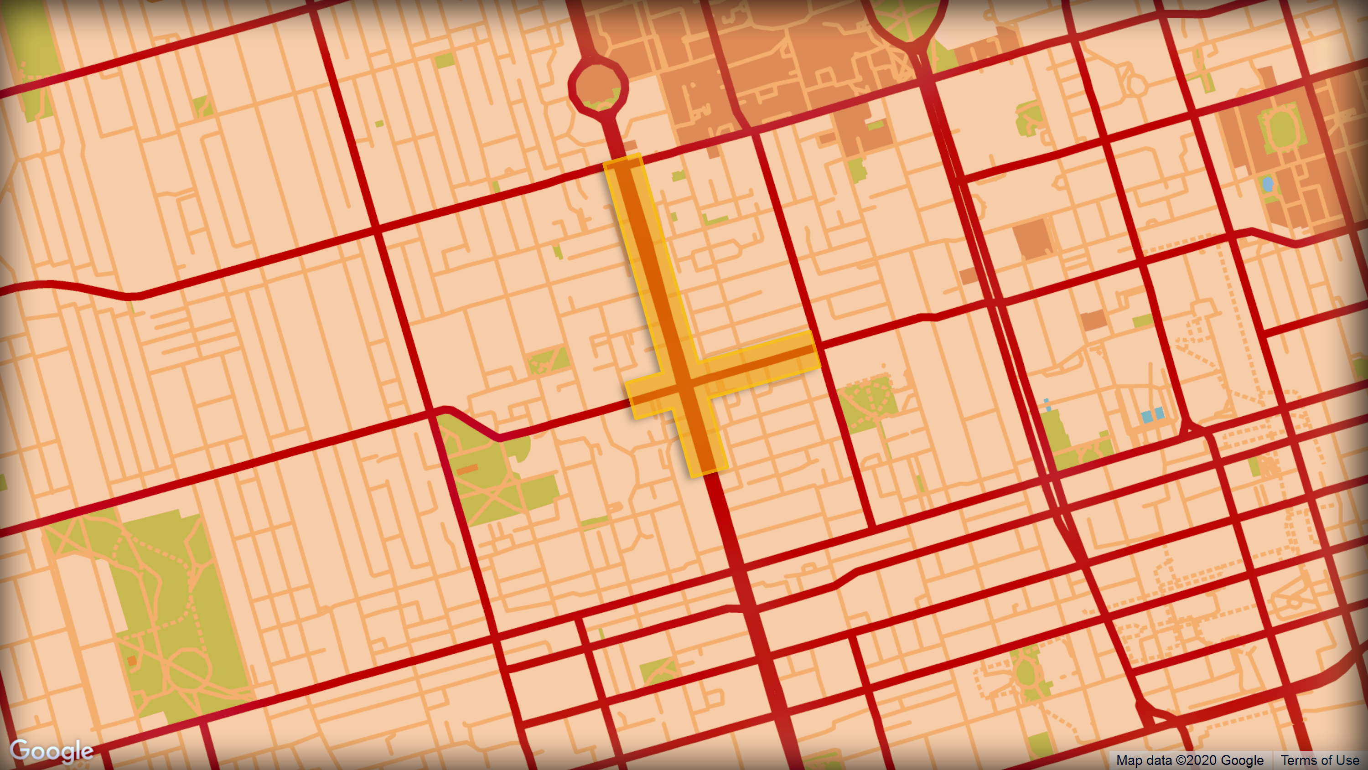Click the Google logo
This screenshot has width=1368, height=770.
[x=52, y=750]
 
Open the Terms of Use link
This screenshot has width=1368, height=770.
[x=1320, y=760]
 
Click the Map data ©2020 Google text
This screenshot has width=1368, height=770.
[x=1190, y=760]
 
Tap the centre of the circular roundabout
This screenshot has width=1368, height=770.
[x=598, y=87]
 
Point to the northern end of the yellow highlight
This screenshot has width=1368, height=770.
[x=623, y=161]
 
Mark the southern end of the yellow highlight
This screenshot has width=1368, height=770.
[x=709, y=470]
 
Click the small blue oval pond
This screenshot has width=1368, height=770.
[x=1267, y=184]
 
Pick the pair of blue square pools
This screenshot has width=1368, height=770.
[x=1153, y=415]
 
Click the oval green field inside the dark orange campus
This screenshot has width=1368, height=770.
[x=1281, y=129]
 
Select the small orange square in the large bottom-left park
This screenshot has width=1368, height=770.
[x=132, y=661]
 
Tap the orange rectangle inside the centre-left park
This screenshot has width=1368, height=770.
[x=467, y=470]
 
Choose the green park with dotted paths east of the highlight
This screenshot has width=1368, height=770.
[x=868, y=403]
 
